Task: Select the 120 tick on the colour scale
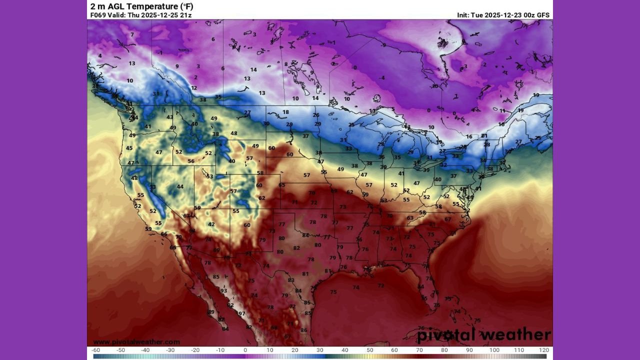pyautogui.click(x=544, y=350)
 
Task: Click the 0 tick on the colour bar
pyautogui.click(x=245, y=350)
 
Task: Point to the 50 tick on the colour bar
pyautogui.click(x=369, y=350)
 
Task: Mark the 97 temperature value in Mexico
pyautogui.click(x=242, y=313)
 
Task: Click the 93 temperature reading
pyautogui.click(x=224, y=290)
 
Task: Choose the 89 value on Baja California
pyautogui.click(x=211, y=312)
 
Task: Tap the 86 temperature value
pyautogui.click(x=303, y=330)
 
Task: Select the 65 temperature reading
pyautogui.click(x=282, y=185)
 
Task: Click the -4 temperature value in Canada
pyautogui.click(x=381, y=77)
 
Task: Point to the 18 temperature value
pyautogui.click(x=285, y=112)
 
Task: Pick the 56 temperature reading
pyautogui.click(x=191, y=161)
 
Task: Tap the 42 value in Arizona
pyautogui.click(x=211, y=224)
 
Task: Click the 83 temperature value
pyautogui.click(x=291, y=280)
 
